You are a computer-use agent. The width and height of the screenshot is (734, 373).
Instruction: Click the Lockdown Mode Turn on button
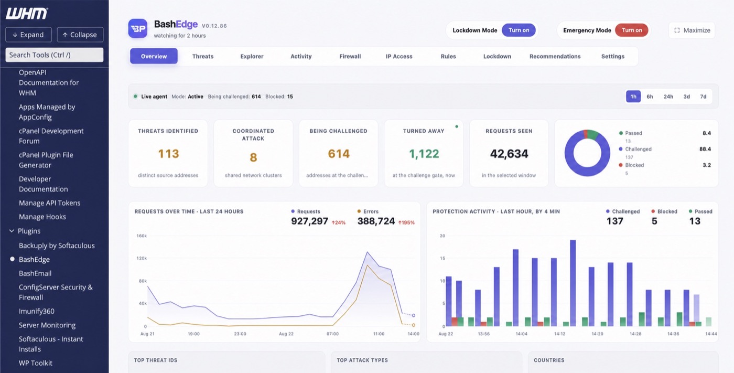(519, 30)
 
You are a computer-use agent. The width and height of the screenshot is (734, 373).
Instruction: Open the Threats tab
(203, 56)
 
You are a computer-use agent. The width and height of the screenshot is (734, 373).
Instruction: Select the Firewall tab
(350, 56)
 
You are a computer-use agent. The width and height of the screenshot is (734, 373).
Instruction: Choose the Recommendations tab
(555, 56)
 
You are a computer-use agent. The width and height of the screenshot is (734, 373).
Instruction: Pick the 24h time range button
(668, 97)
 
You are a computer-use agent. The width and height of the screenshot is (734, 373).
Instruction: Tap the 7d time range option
(703, 97)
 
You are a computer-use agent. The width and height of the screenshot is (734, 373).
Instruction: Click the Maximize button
(692, 30)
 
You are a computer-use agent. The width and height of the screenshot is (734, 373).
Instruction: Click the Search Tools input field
(55, 55)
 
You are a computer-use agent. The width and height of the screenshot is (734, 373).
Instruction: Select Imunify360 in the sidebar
(37, 311)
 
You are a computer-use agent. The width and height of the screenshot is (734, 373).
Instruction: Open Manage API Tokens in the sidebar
(49, 203)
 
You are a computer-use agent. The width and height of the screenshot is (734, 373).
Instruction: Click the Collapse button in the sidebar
(80, 35)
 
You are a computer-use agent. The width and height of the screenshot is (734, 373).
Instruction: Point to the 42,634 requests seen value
(509, 154)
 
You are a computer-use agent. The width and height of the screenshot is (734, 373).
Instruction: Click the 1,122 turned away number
(424, 154)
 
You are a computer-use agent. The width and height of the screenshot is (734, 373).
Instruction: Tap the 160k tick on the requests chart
(142, 236)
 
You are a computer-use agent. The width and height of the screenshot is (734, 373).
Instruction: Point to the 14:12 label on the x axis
(560, 334)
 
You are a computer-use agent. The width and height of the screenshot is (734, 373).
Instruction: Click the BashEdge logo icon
(137, 28)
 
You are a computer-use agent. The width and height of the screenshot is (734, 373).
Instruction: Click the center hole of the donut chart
(587, 153)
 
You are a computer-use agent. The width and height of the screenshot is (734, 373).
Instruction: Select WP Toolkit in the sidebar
(36, 363)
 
